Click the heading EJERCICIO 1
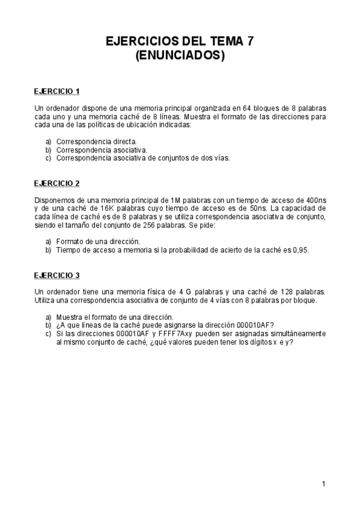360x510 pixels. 57,91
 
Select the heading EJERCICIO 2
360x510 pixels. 57,183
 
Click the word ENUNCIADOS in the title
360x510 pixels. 180,56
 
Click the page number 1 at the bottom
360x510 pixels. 323,483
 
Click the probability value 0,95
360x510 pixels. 299,250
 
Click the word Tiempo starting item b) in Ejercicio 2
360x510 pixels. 69,250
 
